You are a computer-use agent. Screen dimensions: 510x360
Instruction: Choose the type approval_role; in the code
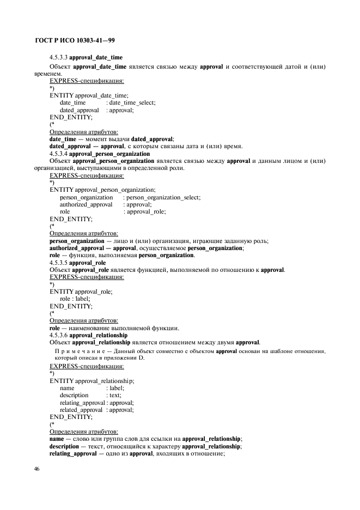pyautogui.click(x=146, y=211)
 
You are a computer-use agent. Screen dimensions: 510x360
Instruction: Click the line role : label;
pyautogui.click(x=75, y=299)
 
